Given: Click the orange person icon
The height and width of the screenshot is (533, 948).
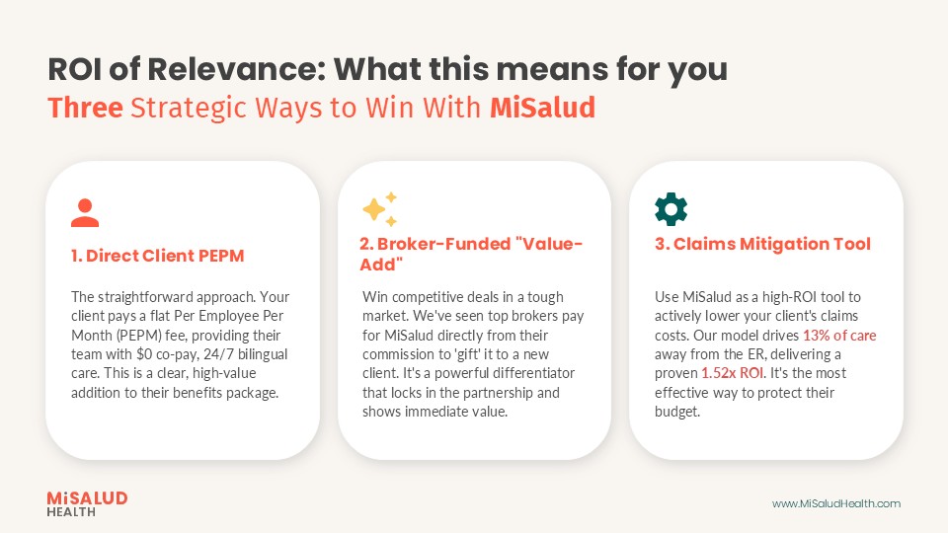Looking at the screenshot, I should pos(85,212).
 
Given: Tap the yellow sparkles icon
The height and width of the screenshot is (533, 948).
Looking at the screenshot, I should pos(379,209).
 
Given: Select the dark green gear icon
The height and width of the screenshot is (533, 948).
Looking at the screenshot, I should pos(671,209).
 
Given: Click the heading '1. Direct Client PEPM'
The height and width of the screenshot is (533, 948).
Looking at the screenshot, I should pos(157,256).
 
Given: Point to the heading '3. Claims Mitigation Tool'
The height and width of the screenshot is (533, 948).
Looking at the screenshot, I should pos(762,244).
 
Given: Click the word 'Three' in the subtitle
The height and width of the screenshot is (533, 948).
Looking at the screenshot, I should pos(85,107).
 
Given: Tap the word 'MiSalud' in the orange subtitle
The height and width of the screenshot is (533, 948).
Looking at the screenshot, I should pos(542,107).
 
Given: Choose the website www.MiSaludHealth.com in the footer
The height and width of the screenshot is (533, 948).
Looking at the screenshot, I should pos(835,503).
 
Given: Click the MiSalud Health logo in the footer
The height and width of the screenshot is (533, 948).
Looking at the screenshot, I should pos(87,503).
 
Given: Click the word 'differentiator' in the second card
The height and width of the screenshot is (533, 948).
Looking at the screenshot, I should pos(532,373).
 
